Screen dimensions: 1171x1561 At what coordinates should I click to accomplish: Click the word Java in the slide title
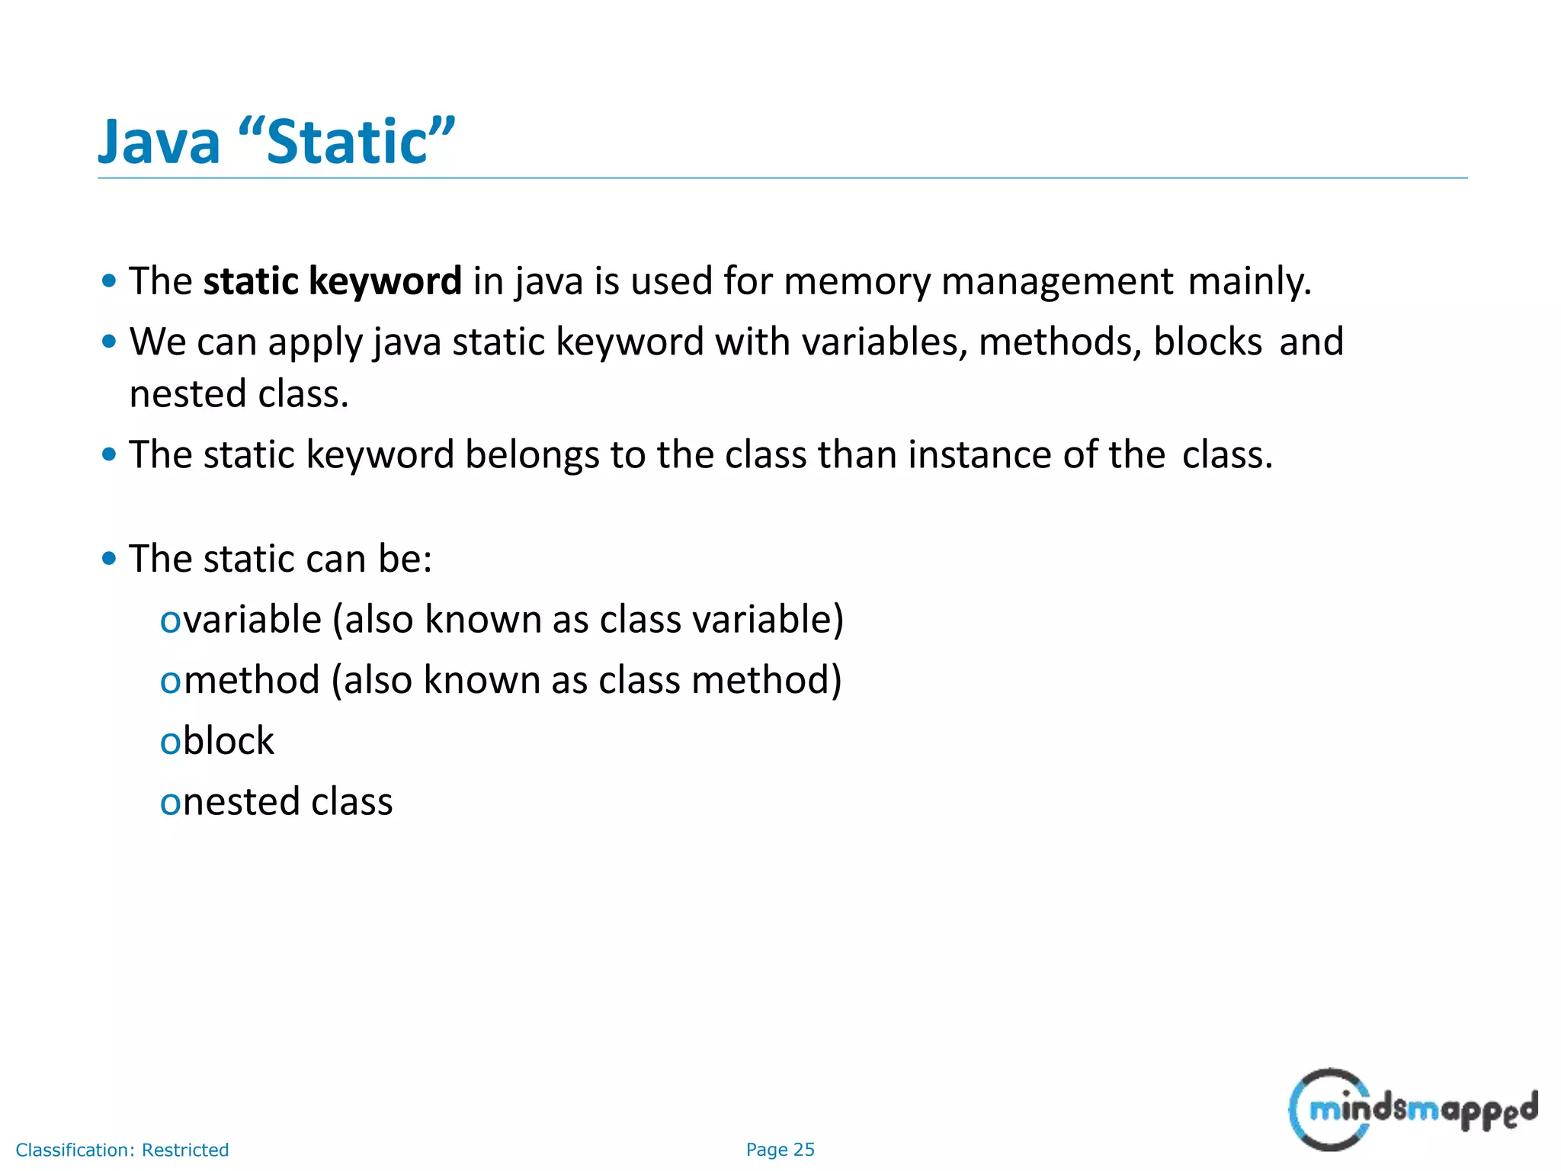(x=159, y=143)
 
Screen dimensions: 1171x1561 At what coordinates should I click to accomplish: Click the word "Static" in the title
(x=347, y=141)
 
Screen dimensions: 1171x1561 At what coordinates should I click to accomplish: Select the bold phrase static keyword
(x=332, y=281)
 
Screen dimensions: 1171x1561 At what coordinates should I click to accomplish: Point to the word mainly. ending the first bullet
(x=1249, y=281)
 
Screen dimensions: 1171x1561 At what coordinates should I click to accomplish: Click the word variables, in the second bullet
(x=884, y=342)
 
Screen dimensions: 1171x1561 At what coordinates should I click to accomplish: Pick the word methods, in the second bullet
(x=1059, y=342)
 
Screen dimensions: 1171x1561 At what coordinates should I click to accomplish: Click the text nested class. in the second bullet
(x=239, y=394)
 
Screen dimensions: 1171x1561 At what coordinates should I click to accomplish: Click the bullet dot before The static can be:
(x=109, y=559)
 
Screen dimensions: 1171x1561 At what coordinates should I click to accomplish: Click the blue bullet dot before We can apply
(x=109, y=342)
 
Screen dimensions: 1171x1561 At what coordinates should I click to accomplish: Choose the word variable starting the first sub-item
(x=252, y=619)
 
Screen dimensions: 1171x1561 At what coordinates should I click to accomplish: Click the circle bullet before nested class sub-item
(x=169, y=804)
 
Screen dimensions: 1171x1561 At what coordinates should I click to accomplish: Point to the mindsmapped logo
(x=1412, y=1109)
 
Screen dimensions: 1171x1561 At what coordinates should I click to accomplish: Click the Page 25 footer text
(x=780, y=1150)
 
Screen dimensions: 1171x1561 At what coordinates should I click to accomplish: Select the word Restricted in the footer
(x=185, y=1150)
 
